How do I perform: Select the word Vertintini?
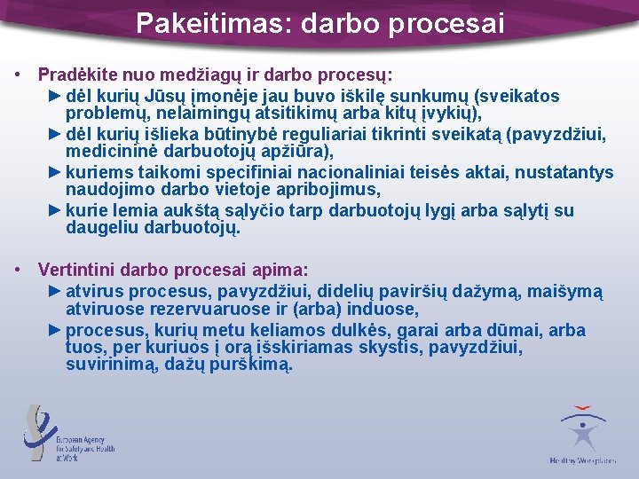pyautogui.click(x=76, y=269)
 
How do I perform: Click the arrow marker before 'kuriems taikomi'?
pyautogui.click(x=54, y=171)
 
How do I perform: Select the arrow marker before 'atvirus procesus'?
pyautogui.click(x=54, y=291)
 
